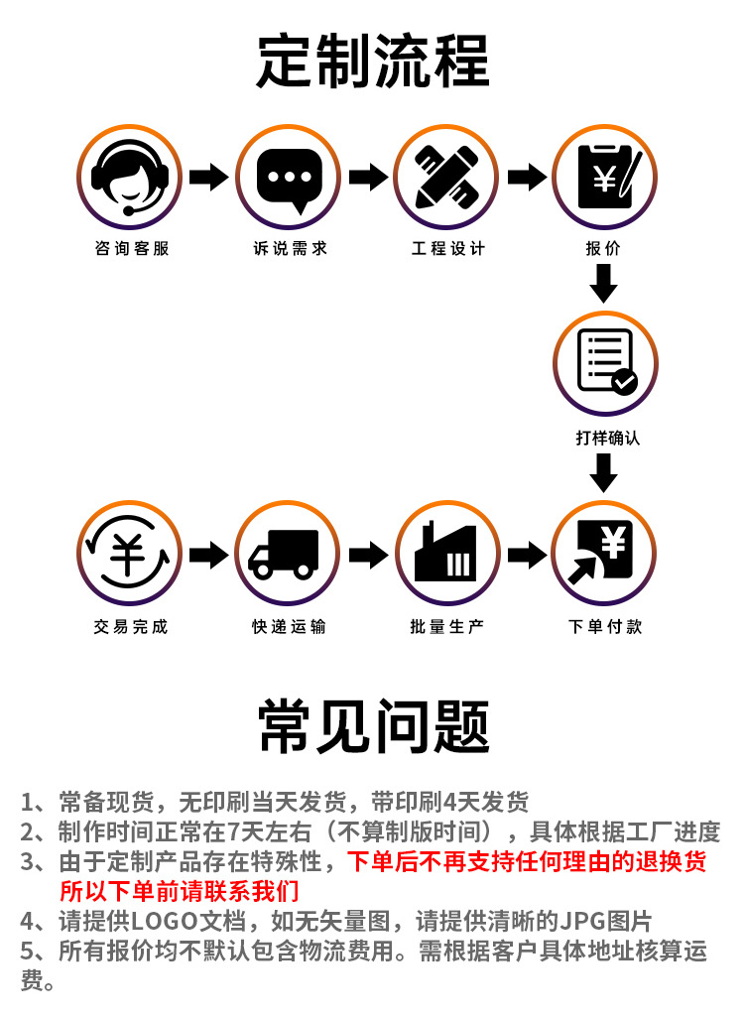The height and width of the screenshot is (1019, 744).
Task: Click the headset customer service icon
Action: click(x=129, y=177)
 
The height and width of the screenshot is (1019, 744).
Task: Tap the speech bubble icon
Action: click(x=289, y=180)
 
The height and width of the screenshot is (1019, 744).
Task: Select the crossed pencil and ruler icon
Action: click(x=447, y=177)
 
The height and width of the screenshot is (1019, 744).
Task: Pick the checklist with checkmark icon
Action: click(x=607, y=362)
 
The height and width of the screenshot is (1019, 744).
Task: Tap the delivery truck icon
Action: click(x=284, y=555)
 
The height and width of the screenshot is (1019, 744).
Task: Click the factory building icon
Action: click(x=445, y=553)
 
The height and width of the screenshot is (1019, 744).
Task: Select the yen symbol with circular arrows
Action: click(x=128, y=553)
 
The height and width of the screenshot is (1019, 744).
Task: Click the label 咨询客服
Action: click(x=132, y=248)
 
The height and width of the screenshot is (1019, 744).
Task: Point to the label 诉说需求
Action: click(x=290, y=248)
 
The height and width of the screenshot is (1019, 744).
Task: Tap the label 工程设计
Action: click(x=448, y=248)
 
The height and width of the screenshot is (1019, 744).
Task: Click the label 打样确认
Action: click(x=607, y=438)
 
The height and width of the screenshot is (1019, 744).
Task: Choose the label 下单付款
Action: click(x=605, y=626)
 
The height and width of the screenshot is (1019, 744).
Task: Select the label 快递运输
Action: click(x=289, y=626)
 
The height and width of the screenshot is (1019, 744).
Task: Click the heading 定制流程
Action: click(x=372, y=62)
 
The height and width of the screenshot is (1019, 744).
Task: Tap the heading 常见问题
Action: click(x=374, y=726)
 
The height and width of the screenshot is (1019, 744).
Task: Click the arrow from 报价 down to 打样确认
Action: click(x=604, y=285)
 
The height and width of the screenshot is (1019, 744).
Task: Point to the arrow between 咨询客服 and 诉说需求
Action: click(x=208, y=177)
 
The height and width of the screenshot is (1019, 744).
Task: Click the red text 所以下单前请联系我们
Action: click(x=180, y=891)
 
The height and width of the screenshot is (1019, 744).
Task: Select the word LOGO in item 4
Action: click(x=165, y=921)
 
